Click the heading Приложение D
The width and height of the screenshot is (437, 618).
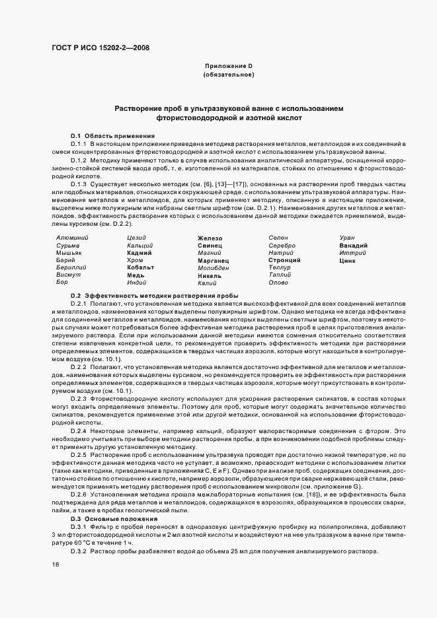click(229, 67)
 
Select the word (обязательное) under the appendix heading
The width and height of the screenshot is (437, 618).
click(229, 75)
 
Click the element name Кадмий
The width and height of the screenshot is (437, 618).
click(139, 253)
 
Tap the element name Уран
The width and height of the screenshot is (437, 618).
click(346, 237)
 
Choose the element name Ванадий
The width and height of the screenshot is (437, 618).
click(353, 245)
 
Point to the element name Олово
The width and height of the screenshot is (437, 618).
click(278, 283)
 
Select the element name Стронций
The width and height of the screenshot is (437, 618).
click(284, 260)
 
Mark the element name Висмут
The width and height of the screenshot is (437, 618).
click(69, 275)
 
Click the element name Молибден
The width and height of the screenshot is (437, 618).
click(214, 268)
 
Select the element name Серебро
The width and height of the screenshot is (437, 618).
click(282, 245)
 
